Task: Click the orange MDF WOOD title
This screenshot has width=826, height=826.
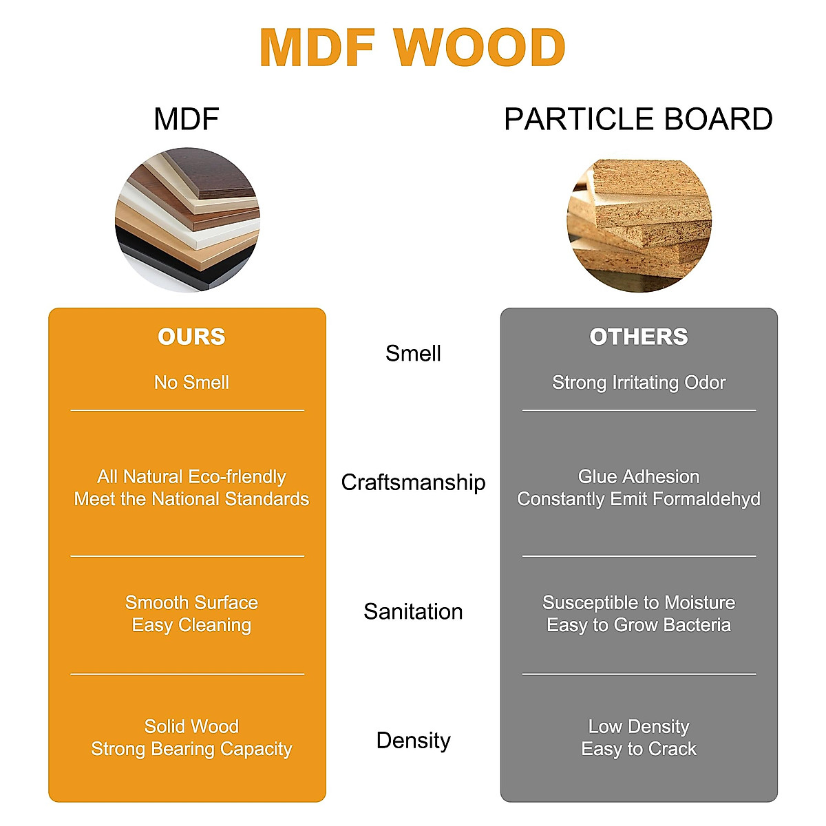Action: [x=412, y=48]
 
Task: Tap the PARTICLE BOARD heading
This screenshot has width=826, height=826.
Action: [x=638, y=119]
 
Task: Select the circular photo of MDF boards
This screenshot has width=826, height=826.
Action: [x=187, y=220]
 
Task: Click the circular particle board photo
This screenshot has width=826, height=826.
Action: [x=639, y=224]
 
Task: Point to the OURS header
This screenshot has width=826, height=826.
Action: [x=191, y=337]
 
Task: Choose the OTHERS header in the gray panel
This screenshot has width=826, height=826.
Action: [x=639, y=337]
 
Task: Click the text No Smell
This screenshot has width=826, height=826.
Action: [x=191, y=383]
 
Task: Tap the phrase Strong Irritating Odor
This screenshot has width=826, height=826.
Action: [x=639, y=383]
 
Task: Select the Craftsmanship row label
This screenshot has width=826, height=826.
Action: [x=413, y=483]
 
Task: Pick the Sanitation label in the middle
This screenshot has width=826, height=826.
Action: [x=413, y=611]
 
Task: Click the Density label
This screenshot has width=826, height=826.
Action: [x=413, y=741]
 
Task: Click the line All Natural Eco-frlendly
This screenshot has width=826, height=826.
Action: [x=191, y=477]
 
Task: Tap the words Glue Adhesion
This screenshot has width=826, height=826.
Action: [x=639, y=477]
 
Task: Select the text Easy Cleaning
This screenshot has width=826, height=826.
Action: [x=191, y=625]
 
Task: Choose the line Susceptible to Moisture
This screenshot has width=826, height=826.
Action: [x=639, y=603]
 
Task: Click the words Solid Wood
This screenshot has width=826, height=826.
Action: [x=191, y=726]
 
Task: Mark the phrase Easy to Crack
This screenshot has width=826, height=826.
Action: [x=639, y=749]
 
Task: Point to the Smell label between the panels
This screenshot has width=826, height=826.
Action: [x=413, y=354]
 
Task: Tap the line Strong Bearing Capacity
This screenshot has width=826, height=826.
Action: [x=191, y=749]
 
